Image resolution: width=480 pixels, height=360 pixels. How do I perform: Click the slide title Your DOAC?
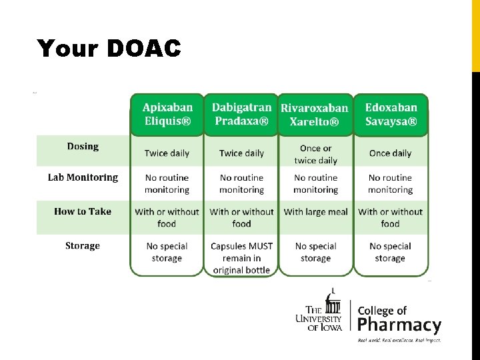109,49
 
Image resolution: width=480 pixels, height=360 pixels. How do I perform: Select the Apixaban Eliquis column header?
167,114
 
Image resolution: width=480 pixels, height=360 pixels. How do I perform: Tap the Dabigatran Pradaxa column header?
241,114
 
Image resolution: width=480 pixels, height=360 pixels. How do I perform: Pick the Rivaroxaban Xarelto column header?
315,115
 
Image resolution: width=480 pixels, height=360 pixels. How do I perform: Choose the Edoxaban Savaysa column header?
391,114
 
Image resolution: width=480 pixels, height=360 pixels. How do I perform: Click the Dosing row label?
83,147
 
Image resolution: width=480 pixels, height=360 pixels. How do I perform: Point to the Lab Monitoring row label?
83,178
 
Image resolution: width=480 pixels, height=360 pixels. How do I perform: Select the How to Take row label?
83,212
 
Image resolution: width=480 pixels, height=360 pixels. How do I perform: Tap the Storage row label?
83,246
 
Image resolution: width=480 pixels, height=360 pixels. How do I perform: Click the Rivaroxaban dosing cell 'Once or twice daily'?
315,154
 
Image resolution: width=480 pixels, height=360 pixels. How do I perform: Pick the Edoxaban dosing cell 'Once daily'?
390,153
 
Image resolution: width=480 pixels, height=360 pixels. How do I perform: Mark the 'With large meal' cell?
315,212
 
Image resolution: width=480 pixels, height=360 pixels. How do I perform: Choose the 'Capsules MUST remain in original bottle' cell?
241,258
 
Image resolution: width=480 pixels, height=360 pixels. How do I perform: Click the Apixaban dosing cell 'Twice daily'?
167,153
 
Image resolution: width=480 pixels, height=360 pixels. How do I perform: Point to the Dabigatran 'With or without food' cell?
241,218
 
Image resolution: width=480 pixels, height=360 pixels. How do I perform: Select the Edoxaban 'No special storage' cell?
390,252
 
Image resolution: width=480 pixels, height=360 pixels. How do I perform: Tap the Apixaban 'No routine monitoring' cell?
167,184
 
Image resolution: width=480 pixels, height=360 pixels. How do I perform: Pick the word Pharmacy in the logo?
399,325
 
